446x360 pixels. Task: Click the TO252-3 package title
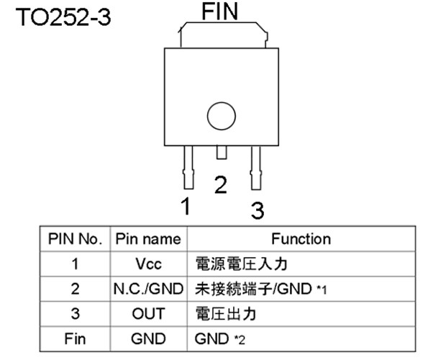coord(63,17)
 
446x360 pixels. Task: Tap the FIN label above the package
coord(219,12)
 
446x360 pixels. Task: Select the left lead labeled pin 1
coord(188,167)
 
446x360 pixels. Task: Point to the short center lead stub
coord(222,152)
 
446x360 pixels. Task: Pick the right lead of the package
coord(255,168)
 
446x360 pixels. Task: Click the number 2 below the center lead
coord(221,185)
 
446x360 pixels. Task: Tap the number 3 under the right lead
coord(258,210)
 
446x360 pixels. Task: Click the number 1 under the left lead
coord(186,206)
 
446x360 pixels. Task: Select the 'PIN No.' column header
coord(75,239)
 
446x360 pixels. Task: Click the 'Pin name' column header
coord(148,239)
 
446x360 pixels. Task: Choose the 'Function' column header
coord(301,239)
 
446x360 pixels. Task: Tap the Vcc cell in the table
coord(148,264)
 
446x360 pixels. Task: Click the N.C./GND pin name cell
coord(148,289)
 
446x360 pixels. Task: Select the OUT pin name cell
coord(148,314)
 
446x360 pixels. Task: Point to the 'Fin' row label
coord(75,339)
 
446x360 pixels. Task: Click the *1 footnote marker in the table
coord(322,290)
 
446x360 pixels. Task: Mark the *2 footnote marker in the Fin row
coord(240,340)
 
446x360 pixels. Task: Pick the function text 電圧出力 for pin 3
coord(226,314)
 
